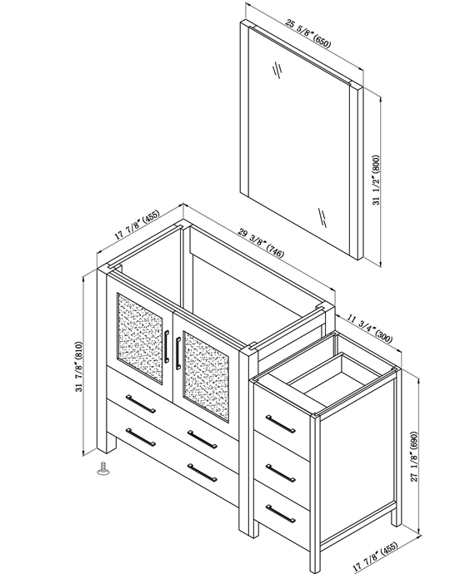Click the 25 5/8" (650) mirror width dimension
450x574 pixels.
(x=307, y=34)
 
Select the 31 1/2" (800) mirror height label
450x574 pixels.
(x=377, y=180)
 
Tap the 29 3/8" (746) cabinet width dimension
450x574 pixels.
(x=261, y=243)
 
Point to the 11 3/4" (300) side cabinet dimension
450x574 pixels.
(x=369, y=329)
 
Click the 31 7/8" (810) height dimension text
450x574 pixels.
(x=79, y=367)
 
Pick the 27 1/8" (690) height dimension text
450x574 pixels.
(x=414, y=457)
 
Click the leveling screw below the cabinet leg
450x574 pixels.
(x=104, y=469)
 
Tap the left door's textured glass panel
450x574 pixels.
(x=140, y=338)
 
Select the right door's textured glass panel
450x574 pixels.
(x=206, y=378)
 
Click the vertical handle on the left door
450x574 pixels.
(x=167, y=346)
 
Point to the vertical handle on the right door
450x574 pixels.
(x=178, y=354)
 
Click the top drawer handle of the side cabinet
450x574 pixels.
(x=281, y=424)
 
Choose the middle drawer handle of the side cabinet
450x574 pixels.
(x=281, y=473)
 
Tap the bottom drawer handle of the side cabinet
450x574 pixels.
(x=281, y=513)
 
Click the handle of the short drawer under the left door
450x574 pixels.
(x=141, y=403)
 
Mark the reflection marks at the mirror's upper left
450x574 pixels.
(x=277, y=70)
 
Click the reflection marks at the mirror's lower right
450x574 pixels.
(x=322, y=217)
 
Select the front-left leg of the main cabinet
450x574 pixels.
(x=107, y=443)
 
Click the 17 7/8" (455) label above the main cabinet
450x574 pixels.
(x=137, y=225)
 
